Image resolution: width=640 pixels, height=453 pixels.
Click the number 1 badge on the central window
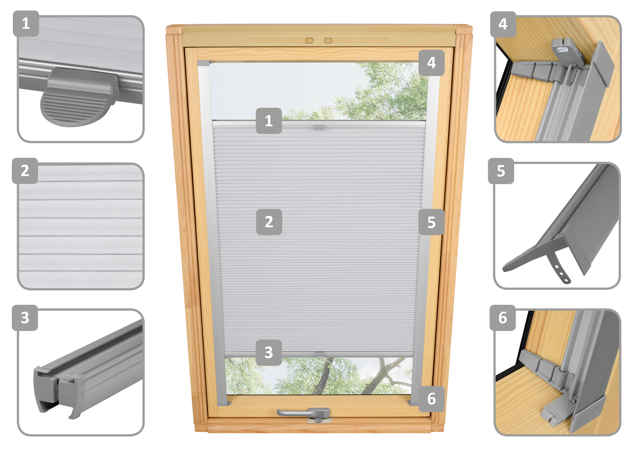click(x=269, y=121)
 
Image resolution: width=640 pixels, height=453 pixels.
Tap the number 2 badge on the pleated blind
click(x=269, y=222)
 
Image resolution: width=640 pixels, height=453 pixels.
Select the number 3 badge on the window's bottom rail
click(x=269, y=352)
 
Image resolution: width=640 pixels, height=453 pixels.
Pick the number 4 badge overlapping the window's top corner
click(x=432, y=63)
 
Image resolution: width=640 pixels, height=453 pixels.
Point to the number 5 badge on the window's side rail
click(x=432, y=222)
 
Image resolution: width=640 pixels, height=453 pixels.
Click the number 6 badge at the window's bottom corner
click(x=432, y=399)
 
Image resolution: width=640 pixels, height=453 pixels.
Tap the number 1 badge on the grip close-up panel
click(x=26, y=24)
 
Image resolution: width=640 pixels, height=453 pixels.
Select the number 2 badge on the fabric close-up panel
click(x=25, y=171)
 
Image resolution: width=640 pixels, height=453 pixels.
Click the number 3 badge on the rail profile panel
click(x=25, y=318)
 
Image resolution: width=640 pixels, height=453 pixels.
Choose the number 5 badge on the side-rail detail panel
click(x=501, y=171)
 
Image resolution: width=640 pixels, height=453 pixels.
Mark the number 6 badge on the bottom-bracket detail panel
click(x=503, y=318)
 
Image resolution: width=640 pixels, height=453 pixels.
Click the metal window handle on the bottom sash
click(x=304, y=413)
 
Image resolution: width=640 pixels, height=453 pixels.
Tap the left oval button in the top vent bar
click(x=309, y=41)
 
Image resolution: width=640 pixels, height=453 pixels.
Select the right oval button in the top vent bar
click(x=328, y=41)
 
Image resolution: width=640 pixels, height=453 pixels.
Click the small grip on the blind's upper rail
click(x=319, y=127)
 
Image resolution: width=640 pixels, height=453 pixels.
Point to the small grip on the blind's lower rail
click(x=320, y=354)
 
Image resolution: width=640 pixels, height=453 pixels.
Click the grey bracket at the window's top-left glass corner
click(x=205, y=63)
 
